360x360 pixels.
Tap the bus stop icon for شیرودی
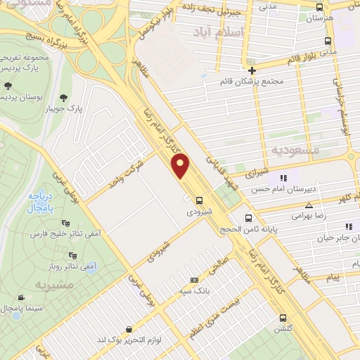click(200, 200)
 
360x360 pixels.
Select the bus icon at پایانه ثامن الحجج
click(247, 218)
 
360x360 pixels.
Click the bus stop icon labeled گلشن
click(283, 318)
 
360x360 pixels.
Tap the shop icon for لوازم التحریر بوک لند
click(127, 330)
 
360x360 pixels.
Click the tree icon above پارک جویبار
click(65, 97)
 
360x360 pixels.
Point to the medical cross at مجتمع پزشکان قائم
click(252, 70)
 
